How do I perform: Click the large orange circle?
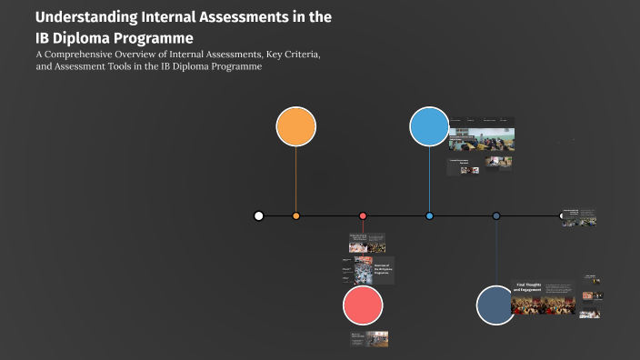click(x=295, y=126)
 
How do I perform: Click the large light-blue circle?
click(x=429, y=126)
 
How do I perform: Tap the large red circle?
click(x=363, y=305)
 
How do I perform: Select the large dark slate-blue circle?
click(x=496, y=305)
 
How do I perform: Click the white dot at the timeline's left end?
click(x=259, y=215)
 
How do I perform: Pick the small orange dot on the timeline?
click(x=296, y=215)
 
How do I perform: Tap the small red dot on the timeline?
click(x=363, y=215)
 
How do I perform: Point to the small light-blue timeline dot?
click(x=429, y=215)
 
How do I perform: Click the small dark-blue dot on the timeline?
click(x=496, y=215)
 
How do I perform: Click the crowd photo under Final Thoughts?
click(x=543, y=304)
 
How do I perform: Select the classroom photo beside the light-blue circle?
click(x=481, y=138)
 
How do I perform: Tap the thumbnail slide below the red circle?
click(x=370, y=338)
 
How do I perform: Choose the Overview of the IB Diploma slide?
click(x=374, y=271)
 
